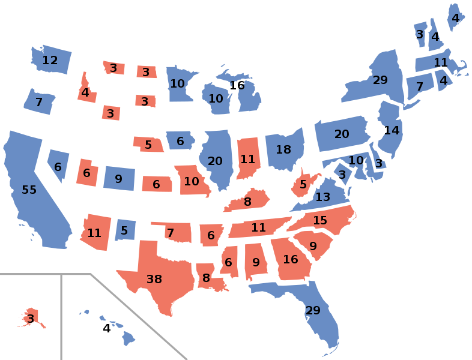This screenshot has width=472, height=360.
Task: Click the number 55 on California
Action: (x=29, y=190)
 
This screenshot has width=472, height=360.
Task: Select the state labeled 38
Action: (x=154, y=279)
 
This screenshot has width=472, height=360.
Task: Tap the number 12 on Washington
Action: (x=50, y=60)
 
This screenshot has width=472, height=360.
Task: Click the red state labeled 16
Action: (x=291, y=260)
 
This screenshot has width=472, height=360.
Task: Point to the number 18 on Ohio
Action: (x=283, y=149)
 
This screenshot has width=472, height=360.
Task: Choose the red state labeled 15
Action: (x=320, y=221)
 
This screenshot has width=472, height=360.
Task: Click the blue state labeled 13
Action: (x=322, y=197)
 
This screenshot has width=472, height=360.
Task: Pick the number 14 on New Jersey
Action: (x=392, y=130)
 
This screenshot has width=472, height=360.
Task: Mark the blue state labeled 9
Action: (x=118, y=179)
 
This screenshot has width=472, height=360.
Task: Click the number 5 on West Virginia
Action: (x=303, y=184)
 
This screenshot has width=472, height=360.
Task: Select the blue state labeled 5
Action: (x=124, y=230)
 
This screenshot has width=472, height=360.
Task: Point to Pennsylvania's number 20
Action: (x=342, y=134)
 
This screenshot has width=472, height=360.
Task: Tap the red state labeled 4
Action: (x=85, y=93)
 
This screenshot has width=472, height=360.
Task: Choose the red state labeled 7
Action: (x=171, y=232)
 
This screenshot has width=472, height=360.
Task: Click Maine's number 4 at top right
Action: (x=455, y=18)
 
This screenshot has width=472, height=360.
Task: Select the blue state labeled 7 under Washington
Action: (x=38, y=103)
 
